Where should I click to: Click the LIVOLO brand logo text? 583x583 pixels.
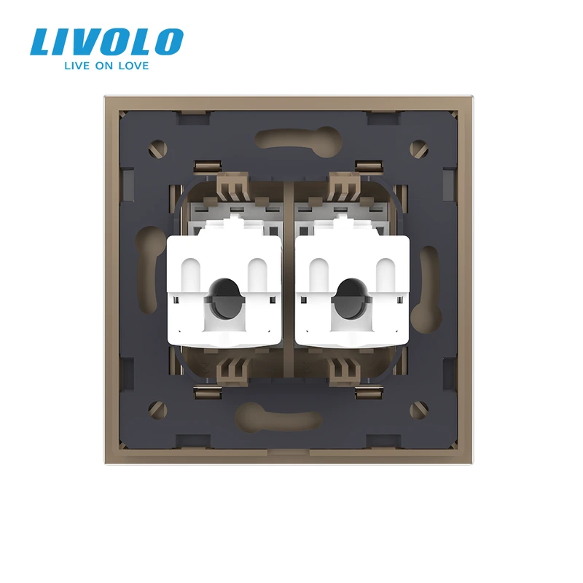click(x=106, y=42)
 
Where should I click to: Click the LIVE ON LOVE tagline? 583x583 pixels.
click(x=106, y=66)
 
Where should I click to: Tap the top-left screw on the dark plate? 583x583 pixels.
click(x=157, y=149)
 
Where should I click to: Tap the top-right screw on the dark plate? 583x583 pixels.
click(x=418, y=149)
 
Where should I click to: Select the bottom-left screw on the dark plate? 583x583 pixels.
click(x=157, y=410)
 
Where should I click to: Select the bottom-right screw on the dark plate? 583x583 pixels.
click(x=418, y=410)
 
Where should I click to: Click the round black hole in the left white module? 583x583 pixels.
click(x=224, y=299)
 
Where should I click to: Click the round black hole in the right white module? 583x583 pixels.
click(x=351, y=299)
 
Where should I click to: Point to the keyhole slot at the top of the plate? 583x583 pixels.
click(x=299, y=138)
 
